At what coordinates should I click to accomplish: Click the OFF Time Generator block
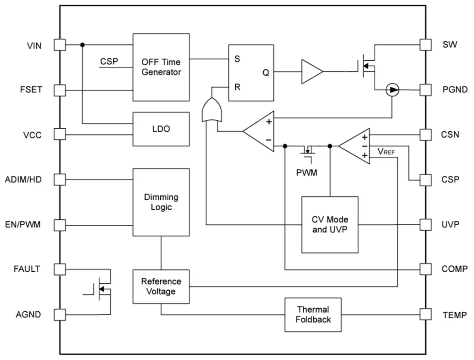161,67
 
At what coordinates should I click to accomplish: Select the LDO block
161,129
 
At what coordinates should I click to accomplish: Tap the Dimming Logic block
161,202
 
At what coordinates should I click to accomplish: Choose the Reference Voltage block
161,286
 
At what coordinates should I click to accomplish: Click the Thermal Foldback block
313,315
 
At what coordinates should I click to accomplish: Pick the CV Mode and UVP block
330,225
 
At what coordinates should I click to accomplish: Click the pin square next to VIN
60,45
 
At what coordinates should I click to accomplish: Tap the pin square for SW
426,45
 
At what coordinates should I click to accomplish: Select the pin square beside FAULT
60,269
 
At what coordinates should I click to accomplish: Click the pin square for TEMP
426,314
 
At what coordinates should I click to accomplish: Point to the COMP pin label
454,269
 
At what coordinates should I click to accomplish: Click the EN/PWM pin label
23,225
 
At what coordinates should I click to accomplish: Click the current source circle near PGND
393,90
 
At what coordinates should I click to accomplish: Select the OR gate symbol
212,110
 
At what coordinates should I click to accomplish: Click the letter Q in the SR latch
266,73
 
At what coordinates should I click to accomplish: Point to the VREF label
386,152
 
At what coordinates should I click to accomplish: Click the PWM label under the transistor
306,173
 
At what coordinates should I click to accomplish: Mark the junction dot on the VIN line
82,45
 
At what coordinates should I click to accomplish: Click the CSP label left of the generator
109,61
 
